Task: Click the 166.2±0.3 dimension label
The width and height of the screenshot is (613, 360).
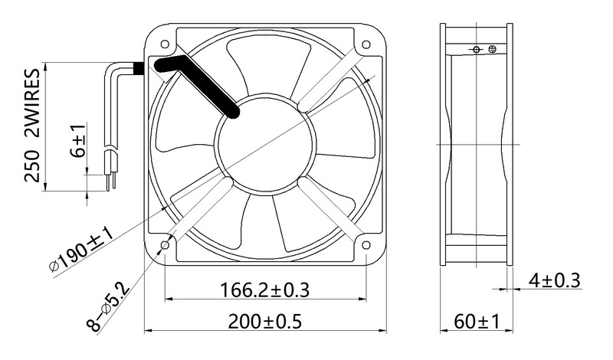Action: point(264,290)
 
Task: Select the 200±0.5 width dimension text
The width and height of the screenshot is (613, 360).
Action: point(264,322)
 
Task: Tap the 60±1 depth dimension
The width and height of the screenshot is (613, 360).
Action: point(477,322)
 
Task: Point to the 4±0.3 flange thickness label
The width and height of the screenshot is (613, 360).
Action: point(554,280)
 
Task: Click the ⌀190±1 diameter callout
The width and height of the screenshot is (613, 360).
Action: point(81,250)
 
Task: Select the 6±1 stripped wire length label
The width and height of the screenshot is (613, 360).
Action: point(78,141)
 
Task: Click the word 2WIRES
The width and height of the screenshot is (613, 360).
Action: point(32,103)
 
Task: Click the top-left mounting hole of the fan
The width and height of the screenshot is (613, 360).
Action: point(165,44)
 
